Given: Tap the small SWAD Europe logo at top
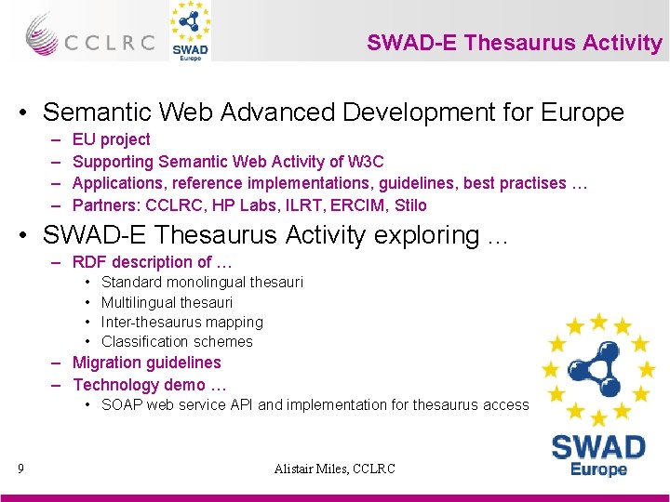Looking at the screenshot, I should coord(190,32).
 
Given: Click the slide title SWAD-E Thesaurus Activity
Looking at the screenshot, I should coord(514,43).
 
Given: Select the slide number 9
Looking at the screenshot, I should coord(20,469).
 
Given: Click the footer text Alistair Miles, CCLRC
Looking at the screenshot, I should coord(335,469).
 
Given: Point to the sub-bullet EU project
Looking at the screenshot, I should coord(111,139).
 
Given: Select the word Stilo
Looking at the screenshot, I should coord(409,205).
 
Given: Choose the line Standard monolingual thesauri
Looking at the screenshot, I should coord(202,282).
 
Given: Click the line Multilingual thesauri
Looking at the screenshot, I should coord(167,302).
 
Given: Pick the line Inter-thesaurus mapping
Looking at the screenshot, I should coord(182,322).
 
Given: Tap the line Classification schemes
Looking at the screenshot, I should coord(177,341).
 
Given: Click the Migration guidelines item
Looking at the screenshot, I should coord(147,363).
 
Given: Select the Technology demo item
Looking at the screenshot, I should coord(150,385).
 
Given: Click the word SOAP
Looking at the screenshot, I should coord(121,404).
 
